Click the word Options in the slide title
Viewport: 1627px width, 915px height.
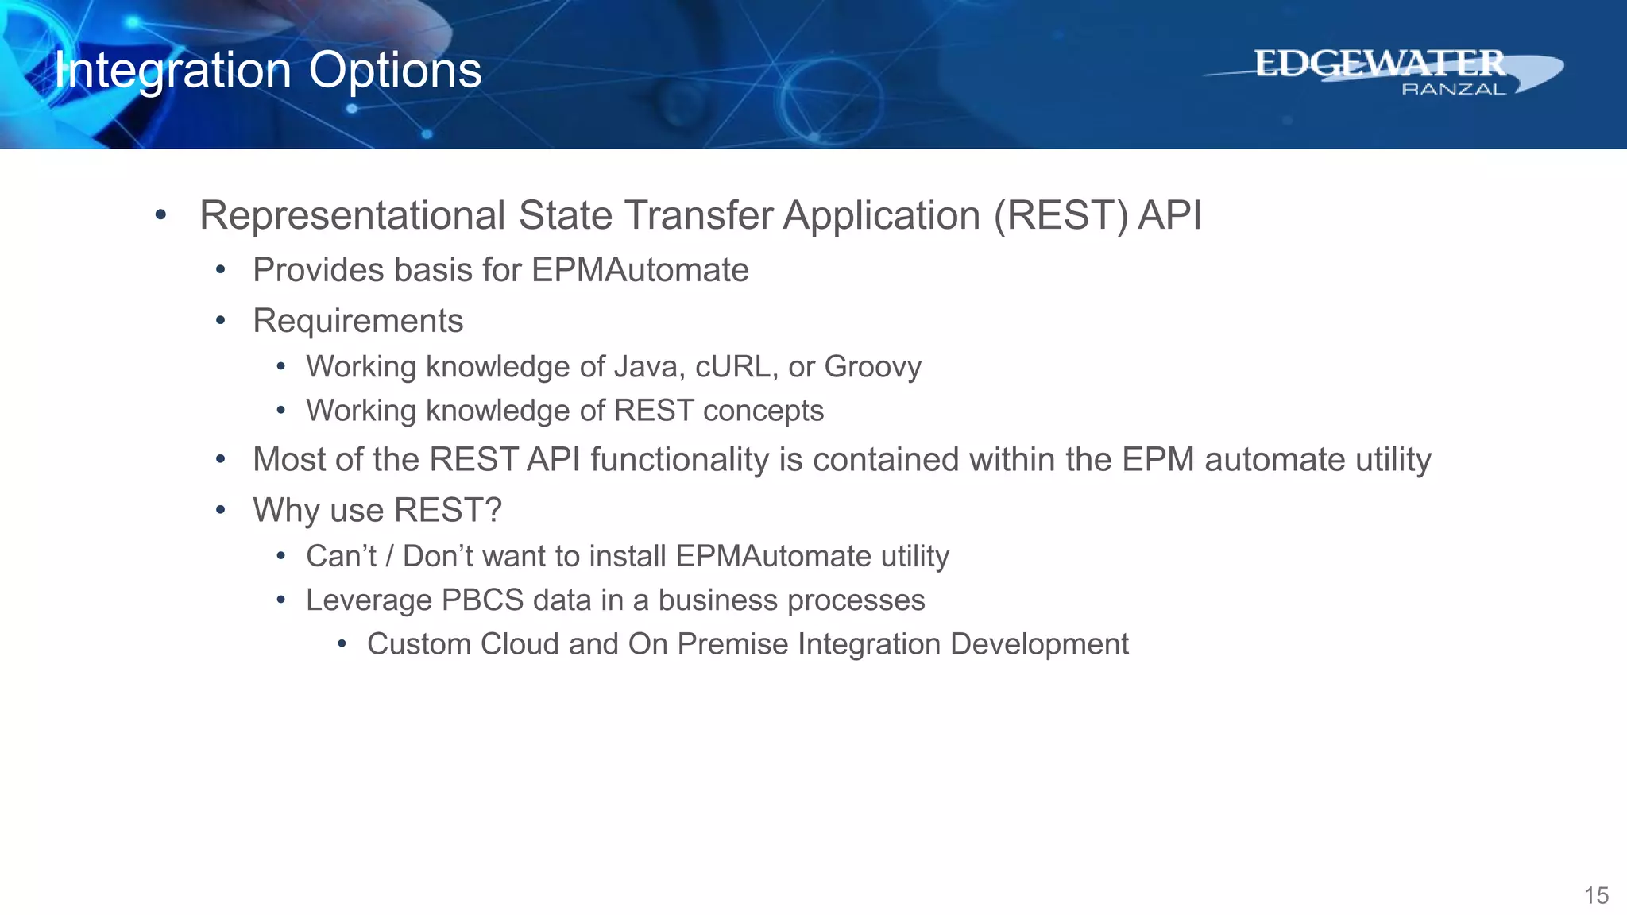tap(395, 71)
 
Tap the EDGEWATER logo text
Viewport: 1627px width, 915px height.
tap(1379, 64)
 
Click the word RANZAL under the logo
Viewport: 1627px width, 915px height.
tap(1453, 90)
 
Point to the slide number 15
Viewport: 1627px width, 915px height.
tap(1596, 896)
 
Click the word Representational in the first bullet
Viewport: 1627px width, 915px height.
tap(352, 216)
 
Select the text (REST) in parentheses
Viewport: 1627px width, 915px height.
tap(1061, 216)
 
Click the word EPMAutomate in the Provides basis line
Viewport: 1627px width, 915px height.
tap(640, 270)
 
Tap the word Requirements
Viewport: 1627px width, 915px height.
tap(357, 321)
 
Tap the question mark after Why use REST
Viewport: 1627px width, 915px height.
tap(493, 511)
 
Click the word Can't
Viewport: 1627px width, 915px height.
tap(341, 556)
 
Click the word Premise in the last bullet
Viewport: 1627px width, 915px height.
tap(732, 644)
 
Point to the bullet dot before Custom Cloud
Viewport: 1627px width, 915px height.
tap(342, 643)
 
